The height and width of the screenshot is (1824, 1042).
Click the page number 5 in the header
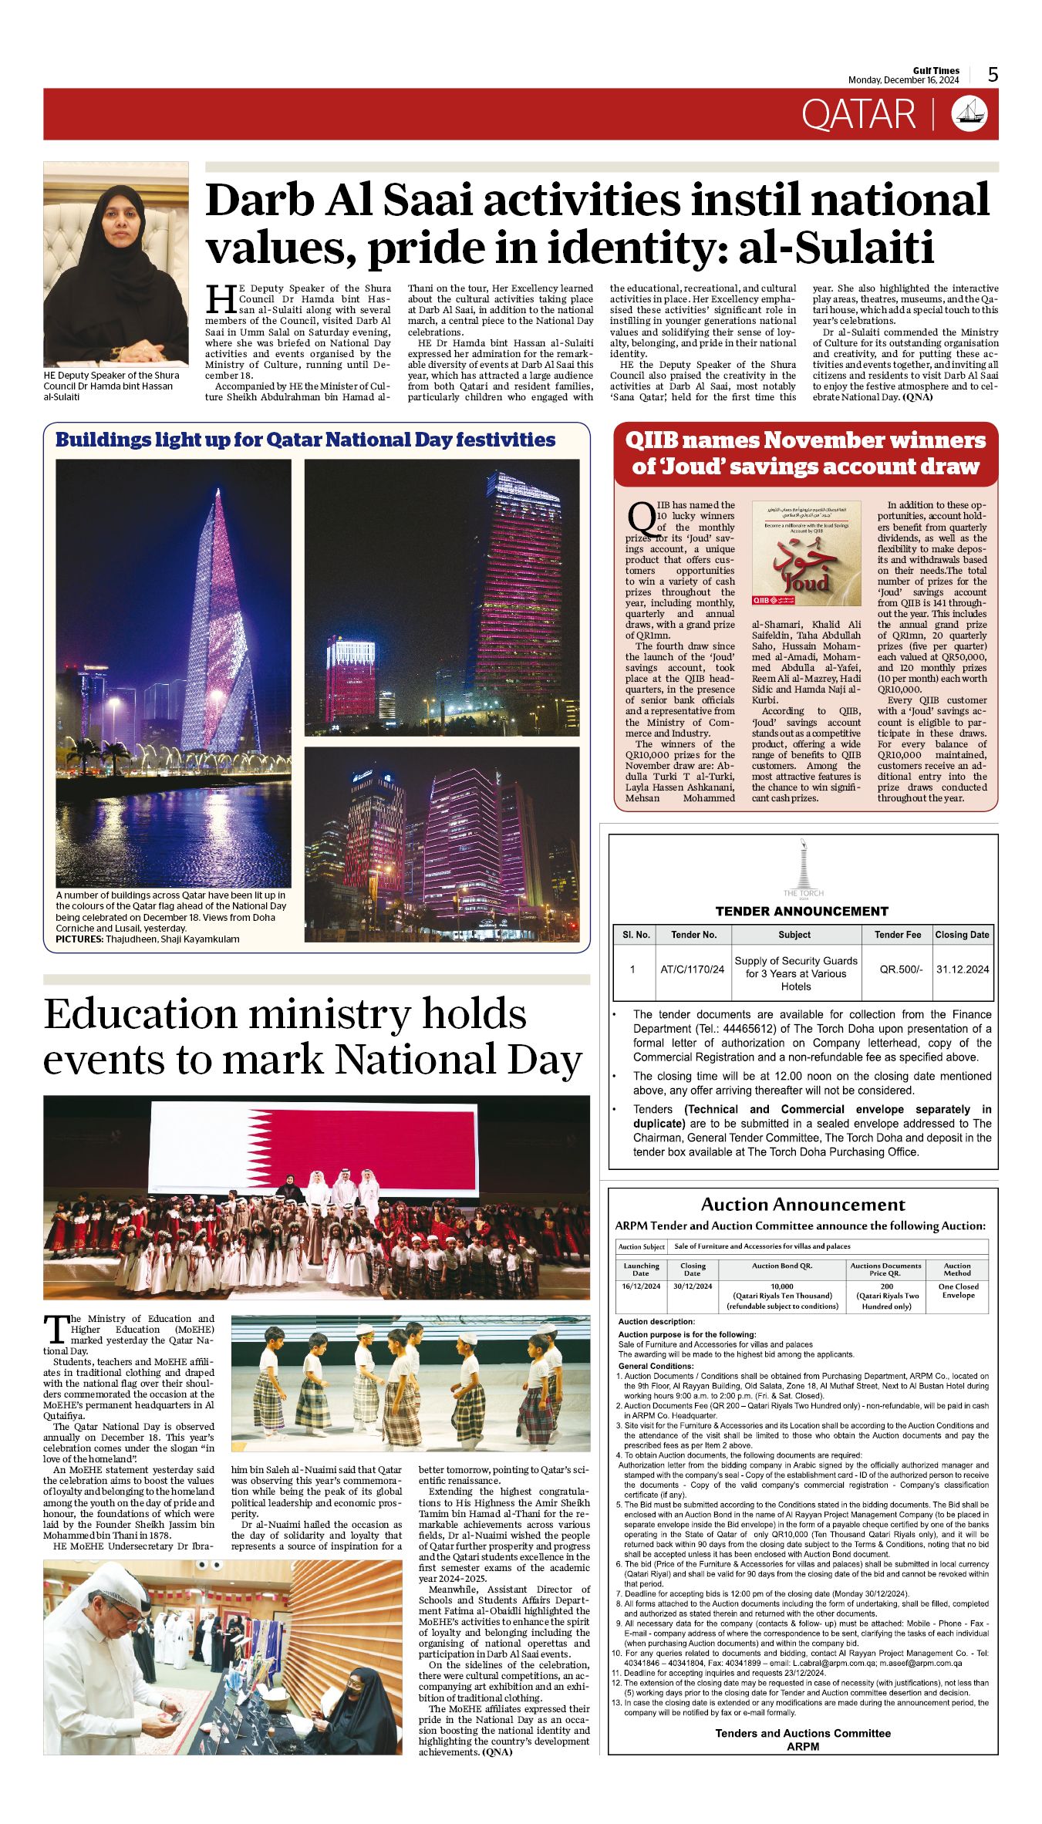pyautogui.click(x=993, y=74)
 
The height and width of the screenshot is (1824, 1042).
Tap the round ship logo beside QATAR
pyautogui.click(x=969, y=114)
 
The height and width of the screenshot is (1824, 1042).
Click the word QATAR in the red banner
pyautogui.click(x=858, y=115)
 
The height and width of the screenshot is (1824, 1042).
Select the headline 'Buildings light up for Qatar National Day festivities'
pyautogui.click(x=305, y=440)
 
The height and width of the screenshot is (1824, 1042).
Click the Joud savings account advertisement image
pyautogui.click(x=806, y=553)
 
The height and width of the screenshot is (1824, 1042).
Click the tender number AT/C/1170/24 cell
pyautogui.click(x=692, y=969)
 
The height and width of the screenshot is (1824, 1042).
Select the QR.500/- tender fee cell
pyautogui.click(x=900, y=969)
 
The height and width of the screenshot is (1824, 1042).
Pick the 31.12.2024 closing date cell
pyautogui.click(x=962, y=969)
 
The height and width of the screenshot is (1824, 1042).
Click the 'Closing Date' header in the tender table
pyautogui.click(x=962, y=935)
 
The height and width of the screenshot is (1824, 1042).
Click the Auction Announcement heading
pyautogui.click(x=803, y=1205)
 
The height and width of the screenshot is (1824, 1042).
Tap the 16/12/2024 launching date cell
pyautogui.click(x=641, y=1286)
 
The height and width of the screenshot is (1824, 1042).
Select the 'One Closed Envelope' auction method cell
pyautogui.click(x=958, y=1291)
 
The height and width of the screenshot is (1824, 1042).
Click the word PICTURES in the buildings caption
pyautogui.click(x=79, y=939)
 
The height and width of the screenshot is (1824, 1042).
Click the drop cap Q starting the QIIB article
pyautogui.click(x=640, y=517)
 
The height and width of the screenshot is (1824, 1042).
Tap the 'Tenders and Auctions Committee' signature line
pyautogui.click(x=803, y=1733)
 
